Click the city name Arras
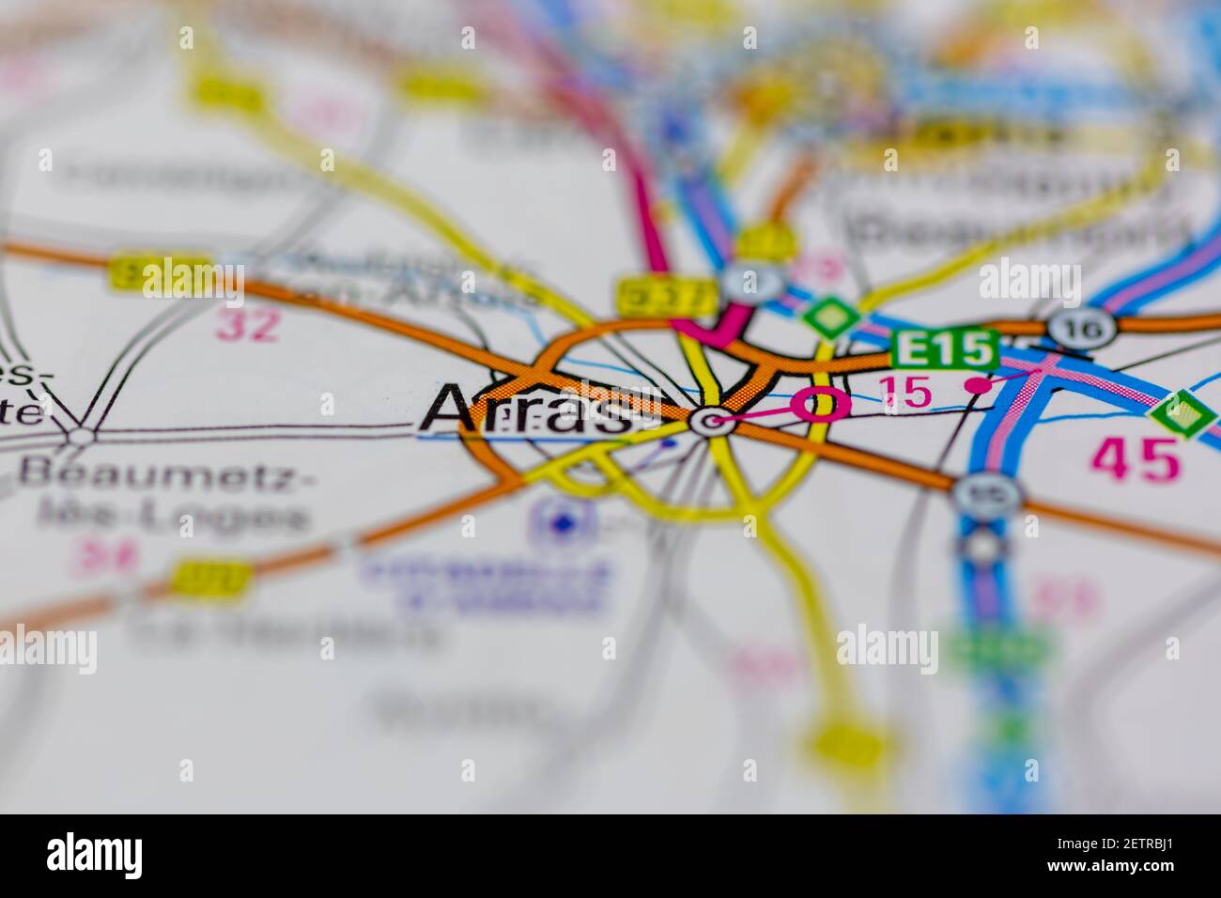coord(526,410)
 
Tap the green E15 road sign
coord(943,349)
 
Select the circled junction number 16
coord(1083,329)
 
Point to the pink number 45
coord(1134,459)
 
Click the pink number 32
coord(248,326)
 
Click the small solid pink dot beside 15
coord(979,385)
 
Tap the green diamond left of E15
coord(827,317)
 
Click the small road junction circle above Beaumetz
coord(82,435)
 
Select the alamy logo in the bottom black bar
coord(94,856)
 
